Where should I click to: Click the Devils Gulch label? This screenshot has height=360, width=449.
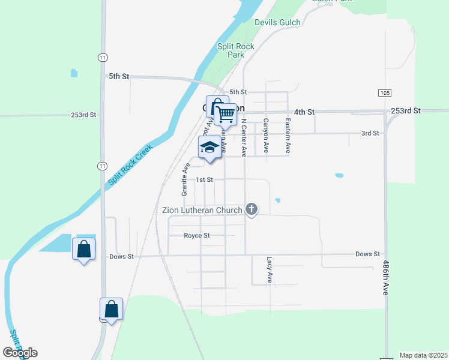click(277, 22)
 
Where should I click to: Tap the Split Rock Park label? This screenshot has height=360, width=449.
click(235, 50)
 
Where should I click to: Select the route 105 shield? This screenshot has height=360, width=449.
click(385, 93)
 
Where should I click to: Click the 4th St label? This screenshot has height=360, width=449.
click(304, 112)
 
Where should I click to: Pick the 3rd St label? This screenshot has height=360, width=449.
click(370, 133)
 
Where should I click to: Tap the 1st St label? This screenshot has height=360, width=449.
click(205, 179)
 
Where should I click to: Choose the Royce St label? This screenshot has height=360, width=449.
click(197, 236)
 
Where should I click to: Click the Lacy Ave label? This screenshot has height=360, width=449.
click(270, 270)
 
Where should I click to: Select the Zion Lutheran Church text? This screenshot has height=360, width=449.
click(202, 210)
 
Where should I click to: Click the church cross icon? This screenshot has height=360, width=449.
click(252, 209)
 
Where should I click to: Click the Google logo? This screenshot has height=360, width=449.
click(20, 353)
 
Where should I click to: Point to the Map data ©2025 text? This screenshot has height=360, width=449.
click(423, 355)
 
